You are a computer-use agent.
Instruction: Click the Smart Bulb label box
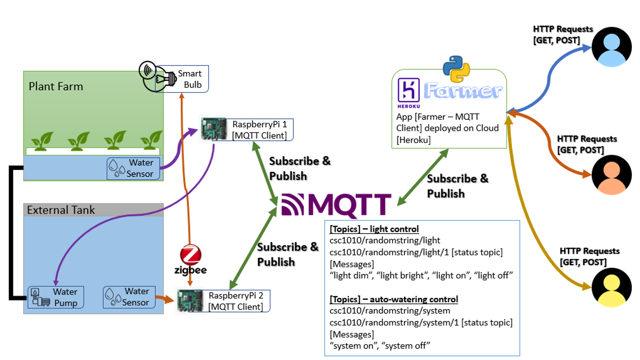click(189, 79)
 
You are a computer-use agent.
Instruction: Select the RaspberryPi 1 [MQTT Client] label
click(259, 130)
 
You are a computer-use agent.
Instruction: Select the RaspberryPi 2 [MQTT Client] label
click(236, 301)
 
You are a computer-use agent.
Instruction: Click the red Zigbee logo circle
click(191, 255)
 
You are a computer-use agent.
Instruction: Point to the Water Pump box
click(56, 297)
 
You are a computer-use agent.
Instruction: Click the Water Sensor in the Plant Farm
click(133, 168)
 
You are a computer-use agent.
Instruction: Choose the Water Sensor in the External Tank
click(129, 297)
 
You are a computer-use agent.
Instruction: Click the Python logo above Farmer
click(456, 69)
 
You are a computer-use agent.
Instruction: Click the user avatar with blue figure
click(611, 47)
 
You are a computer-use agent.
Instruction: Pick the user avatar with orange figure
click(611, 175)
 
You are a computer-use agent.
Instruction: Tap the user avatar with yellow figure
click(611, 287)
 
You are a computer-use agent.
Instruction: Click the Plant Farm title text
click(56, 87)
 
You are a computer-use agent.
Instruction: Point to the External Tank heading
click(61, 210)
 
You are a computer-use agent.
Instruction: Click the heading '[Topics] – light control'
click(374, 229)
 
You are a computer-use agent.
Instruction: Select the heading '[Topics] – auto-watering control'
click(394, 299)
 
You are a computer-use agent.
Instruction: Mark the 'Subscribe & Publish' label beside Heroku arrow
click(457, 186)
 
